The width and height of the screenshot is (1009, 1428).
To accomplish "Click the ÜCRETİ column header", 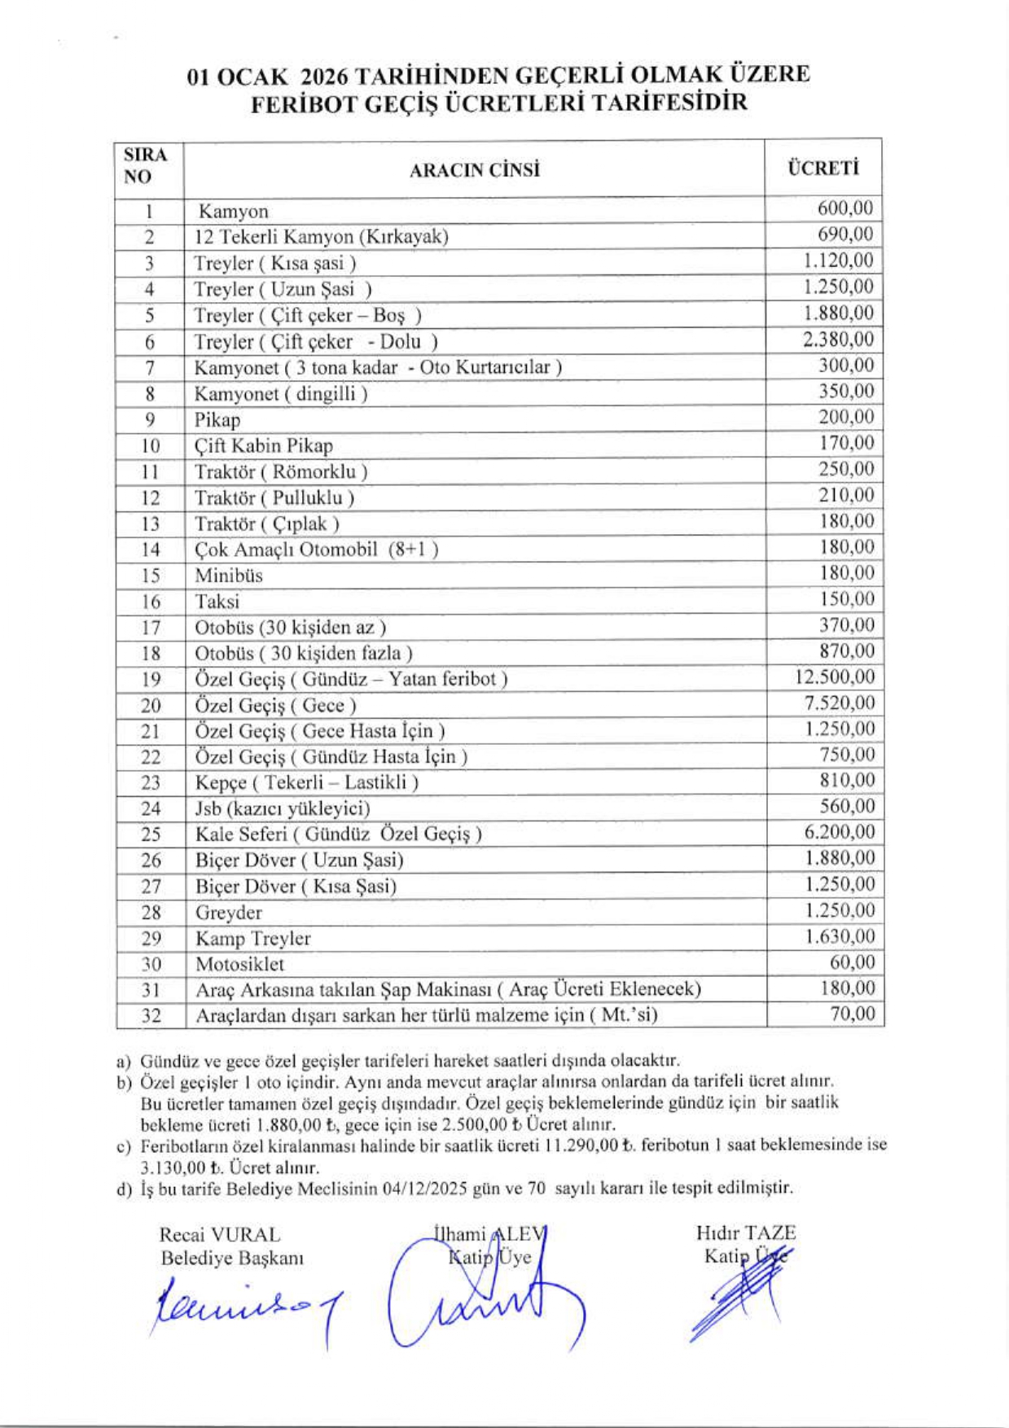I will click(823, 169).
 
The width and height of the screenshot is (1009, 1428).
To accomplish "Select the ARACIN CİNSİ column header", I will click(474, 170).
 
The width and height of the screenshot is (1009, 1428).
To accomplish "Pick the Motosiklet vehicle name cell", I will click(240, 965).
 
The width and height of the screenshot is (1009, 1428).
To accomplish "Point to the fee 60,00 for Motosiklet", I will click(852, 962).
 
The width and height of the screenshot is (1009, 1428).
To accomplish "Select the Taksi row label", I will click(217, 602).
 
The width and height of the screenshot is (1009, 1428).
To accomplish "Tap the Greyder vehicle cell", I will click(229, 913).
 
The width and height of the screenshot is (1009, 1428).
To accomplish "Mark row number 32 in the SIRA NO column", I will click(151, 1016).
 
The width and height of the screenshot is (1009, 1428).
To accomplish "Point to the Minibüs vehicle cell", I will click(229, 576).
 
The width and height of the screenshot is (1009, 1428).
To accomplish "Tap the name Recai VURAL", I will click(219, 1235).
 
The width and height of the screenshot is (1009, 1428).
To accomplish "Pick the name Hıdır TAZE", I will click(745, 1233).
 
